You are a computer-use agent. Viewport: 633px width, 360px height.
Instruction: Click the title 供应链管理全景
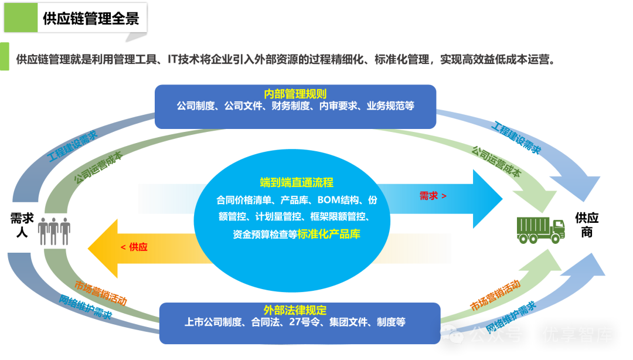click(91, 18)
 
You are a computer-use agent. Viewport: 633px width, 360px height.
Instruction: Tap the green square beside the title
click(21, 18)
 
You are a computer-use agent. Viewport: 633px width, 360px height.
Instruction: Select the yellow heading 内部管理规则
click(295, 94)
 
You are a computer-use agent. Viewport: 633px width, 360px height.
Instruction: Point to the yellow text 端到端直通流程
click(297, 182)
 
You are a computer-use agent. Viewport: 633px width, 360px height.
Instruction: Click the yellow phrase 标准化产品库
click(329, 234)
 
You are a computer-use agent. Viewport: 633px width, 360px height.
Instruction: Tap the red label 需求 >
click(433, 196)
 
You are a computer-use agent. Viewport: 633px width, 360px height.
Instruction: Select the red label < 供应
click(134, 247)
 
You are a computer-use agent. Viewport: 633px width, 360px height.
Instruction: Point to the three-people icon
click(54, 231)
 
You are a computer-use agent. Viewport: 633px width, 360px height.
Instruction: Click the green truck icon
click(540, 229)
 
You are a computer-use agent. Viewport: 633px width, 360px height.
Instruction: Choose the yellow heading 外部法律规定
click(295, 310)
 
